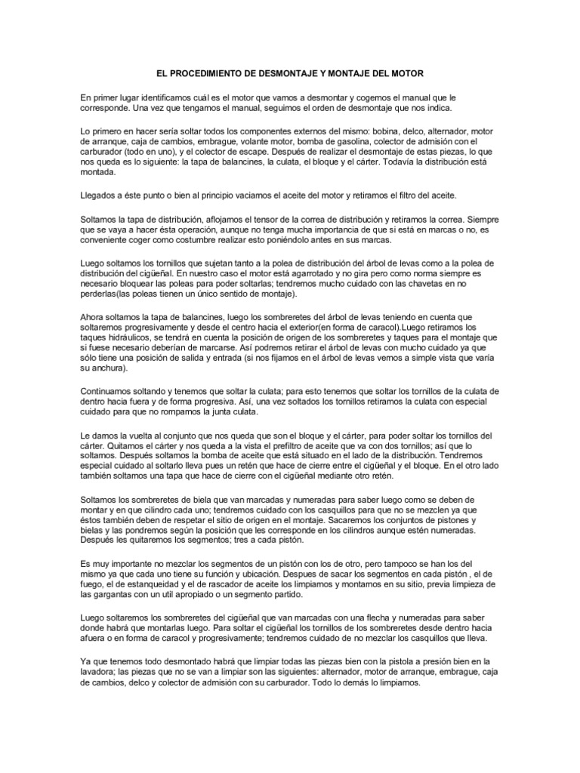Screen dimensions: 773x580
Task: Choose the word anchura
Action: (111, 369)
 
